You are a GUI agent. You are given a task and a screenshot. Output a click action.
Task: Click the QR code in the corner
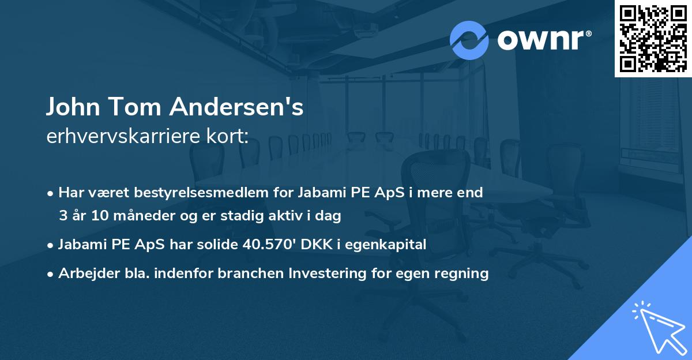(653, 38)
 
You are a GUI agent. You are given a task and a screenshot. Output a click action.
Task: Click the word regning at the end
(464, 274)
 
